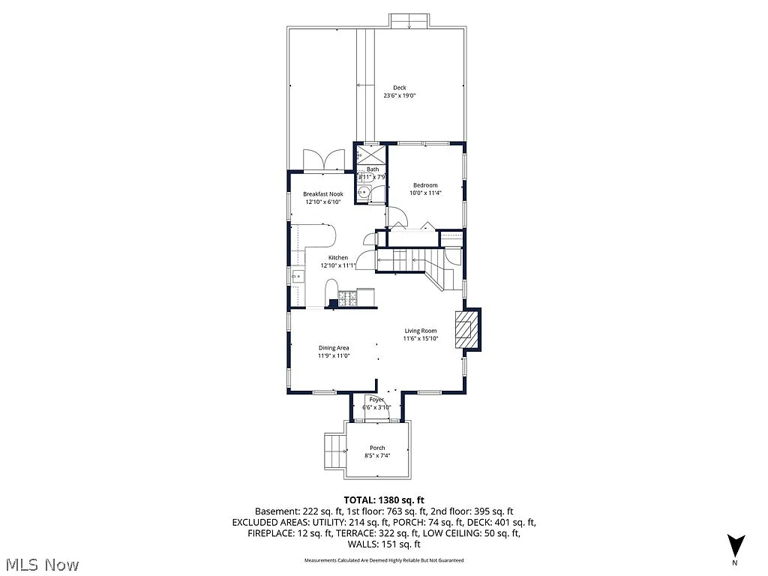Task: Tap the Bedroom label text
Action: tap(424, 185)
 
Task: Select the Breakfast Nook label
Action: tap(323, 194)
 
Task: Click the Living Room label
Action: tap(421, 331)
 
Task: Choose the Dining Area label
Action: tap(334, 347)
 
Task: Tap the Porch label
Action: tap(376, 448)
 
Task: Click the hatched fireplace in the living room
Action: tap(468, 329)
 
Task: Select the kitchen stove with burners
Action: tap(349, 298)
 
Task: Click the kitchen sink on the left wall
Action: tap(296, 277)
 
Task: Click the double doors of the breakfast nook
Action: tap(322, 160)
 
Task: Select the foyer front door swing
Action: tap(374, 401)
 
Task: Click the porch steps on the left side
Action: tap(333, 451)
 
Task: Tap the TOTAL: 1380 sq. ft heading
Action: tap(384, 499)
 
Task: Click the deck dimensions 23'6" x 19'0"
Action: tap(400, 96)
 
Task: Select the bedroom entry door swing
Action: tap(397, 220)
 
